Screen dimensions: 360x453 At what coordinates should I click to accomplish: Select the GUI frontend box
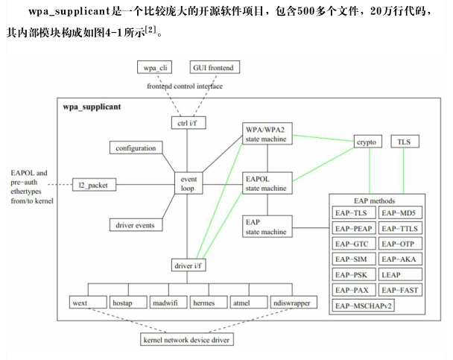pos(213,68)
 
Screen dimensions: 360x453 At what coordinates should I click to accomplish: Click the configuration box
pos(136,148)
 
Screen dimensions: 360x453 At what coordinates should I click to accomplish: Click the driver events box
pos(134,224)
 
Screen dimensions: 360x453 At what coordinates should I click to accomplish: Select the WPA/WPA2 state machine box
pos(265,133)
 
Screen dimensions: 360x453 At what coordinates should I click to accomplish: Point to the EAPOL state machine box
pos(265,183)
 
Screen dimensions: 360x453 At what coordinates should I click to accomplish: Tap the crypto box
pos(367,142)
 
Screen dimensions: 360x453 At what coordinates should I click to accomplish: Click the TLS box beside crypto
pos(403,142)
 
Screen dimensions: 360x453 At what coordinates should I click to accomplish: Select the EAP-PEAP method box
pos(353,228)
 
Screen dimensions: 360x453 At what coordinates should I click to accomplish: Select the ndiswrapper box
pos(294,303)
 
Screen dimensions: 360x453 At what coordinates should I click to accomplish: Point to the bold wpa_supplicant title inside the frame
pos(92,107)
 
